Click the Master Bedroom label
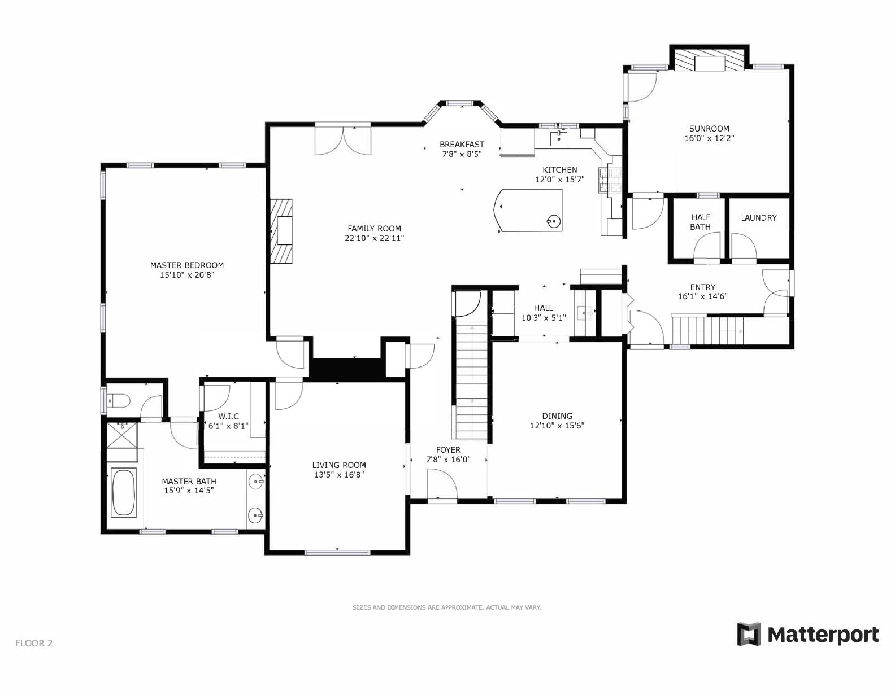click(x=187, y=265)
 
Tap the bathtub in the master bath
click(x=123, y=492)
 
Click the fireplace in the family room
click(x=281, y=230)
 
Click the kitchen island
click(x=529, y=211)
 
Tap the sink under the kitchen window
click(x=559, y=137)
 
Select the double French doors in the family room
click(x=343, y=139)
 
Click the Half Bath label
click(x=700, y=222)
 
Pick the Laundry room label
click(x=758, y=217)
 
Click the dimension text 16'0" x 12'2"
click(x=709, y=138)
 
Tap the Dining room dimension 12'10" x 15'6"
click(x=557, y=426)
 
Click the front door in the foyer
click(x=441, y=486)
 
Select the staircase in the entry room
click(x=707, y=330)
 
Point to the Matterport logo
click(x=808, y=635)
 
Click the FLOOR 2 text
click(x=34, y=642)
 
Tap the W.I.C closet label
click(x=228, y=416)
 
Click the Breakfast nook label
click(x=462, y=144)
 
